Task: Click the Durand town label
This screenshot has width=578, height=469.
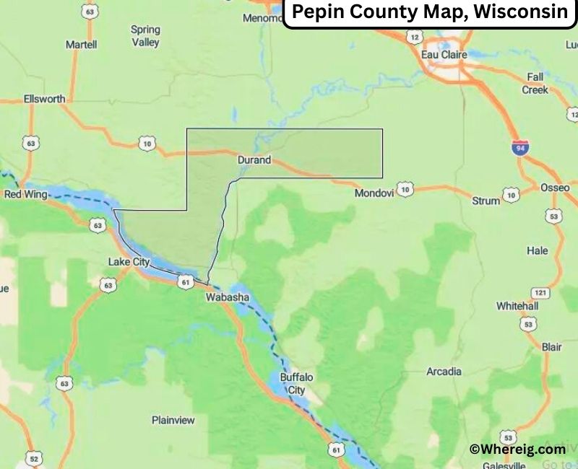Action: tap(254, 160)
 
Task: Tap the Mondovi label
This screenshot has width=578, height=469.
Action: tap(374, 193)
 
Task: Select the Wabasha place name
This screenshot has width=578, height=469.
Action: tap(227, 297)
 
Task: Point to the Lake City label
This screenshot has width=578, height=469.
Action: tap(129, 261)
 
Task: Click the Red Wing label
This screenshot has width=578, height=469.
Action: tap(25, 195)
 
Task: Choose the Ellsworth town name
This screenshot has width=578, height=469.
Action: tap(44, 99)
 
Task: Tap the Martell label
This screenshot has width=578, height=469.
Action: tap(81, 45)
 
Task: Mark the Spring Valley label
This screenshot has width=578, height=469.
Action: tap(145, 36)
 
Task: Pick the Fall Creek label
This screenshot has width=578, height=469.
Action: tap(535, 83)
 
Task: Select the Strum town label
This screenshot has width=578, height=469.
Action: tap(486, 201)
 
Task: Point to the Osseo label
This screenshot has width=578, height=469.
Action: tap(555, 188)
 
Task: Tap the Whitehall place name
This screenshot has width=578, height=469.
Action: tap(517, 306)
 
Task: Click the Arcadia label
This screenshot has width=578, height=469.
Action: tap(444, 372)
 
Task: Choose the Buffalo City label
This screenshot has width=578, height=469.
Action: tap(297, 383)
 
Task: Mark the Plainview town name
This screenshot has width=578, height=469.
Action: tap(173, 420)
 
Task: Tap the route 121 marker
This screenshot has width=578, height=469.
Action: tap(539, 292)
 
